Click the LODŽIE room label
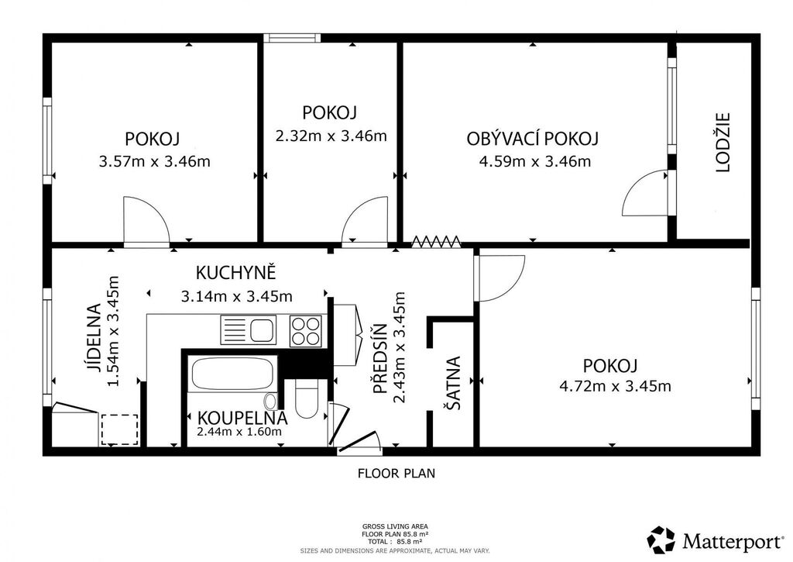[x=724, y=143]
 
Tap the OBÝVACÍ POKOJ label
[x=533, y=139]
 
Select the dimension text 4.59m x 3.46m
[x=534, y=161]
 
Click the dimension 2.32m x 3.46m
[x=331, y=136]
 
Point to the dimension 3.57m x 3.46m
[x=154, y=161]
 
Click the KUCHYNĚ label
[x=235, y=272]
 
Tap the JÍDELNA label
[x=93, y=338]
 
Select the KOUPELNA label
[x=242, y=419]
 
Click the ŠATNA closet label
[x=453, y=383]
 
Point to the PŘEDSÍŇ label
[x=379, y=358]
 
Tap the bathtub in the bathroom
[x=233, y=373]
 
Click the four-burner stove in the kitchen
[x=305, y=331]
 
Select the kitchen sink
[x=249, y=329]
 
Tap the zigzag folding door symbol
[x=436, y=242]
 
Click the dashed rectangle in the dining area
[x=120, y=429]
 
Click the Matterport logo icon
[x=661, y=540]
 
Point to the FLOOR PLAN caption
[x=396, y=474]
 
